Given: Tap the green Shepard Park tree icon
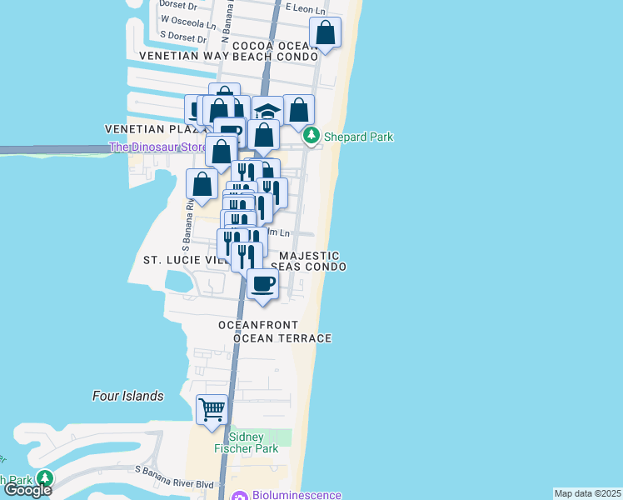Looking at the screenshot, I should [x=311, y=134].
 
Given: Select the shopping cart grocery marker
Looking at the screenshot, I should [x=212, y=409].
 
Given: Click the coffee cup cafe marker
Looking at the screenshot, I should [x=263, y=283].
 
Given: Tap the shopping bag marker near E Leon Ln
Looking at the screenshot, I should [x=326, y=33].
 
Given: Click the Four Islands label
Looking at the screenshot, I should [x=127, y=397].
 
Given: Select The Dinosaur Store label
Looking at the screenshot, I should [x=158, y=148].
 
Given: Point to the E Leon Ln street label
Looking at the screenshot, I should [x=303, y=7].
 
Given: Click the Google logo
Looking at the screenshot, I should [x=27, y=490].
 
